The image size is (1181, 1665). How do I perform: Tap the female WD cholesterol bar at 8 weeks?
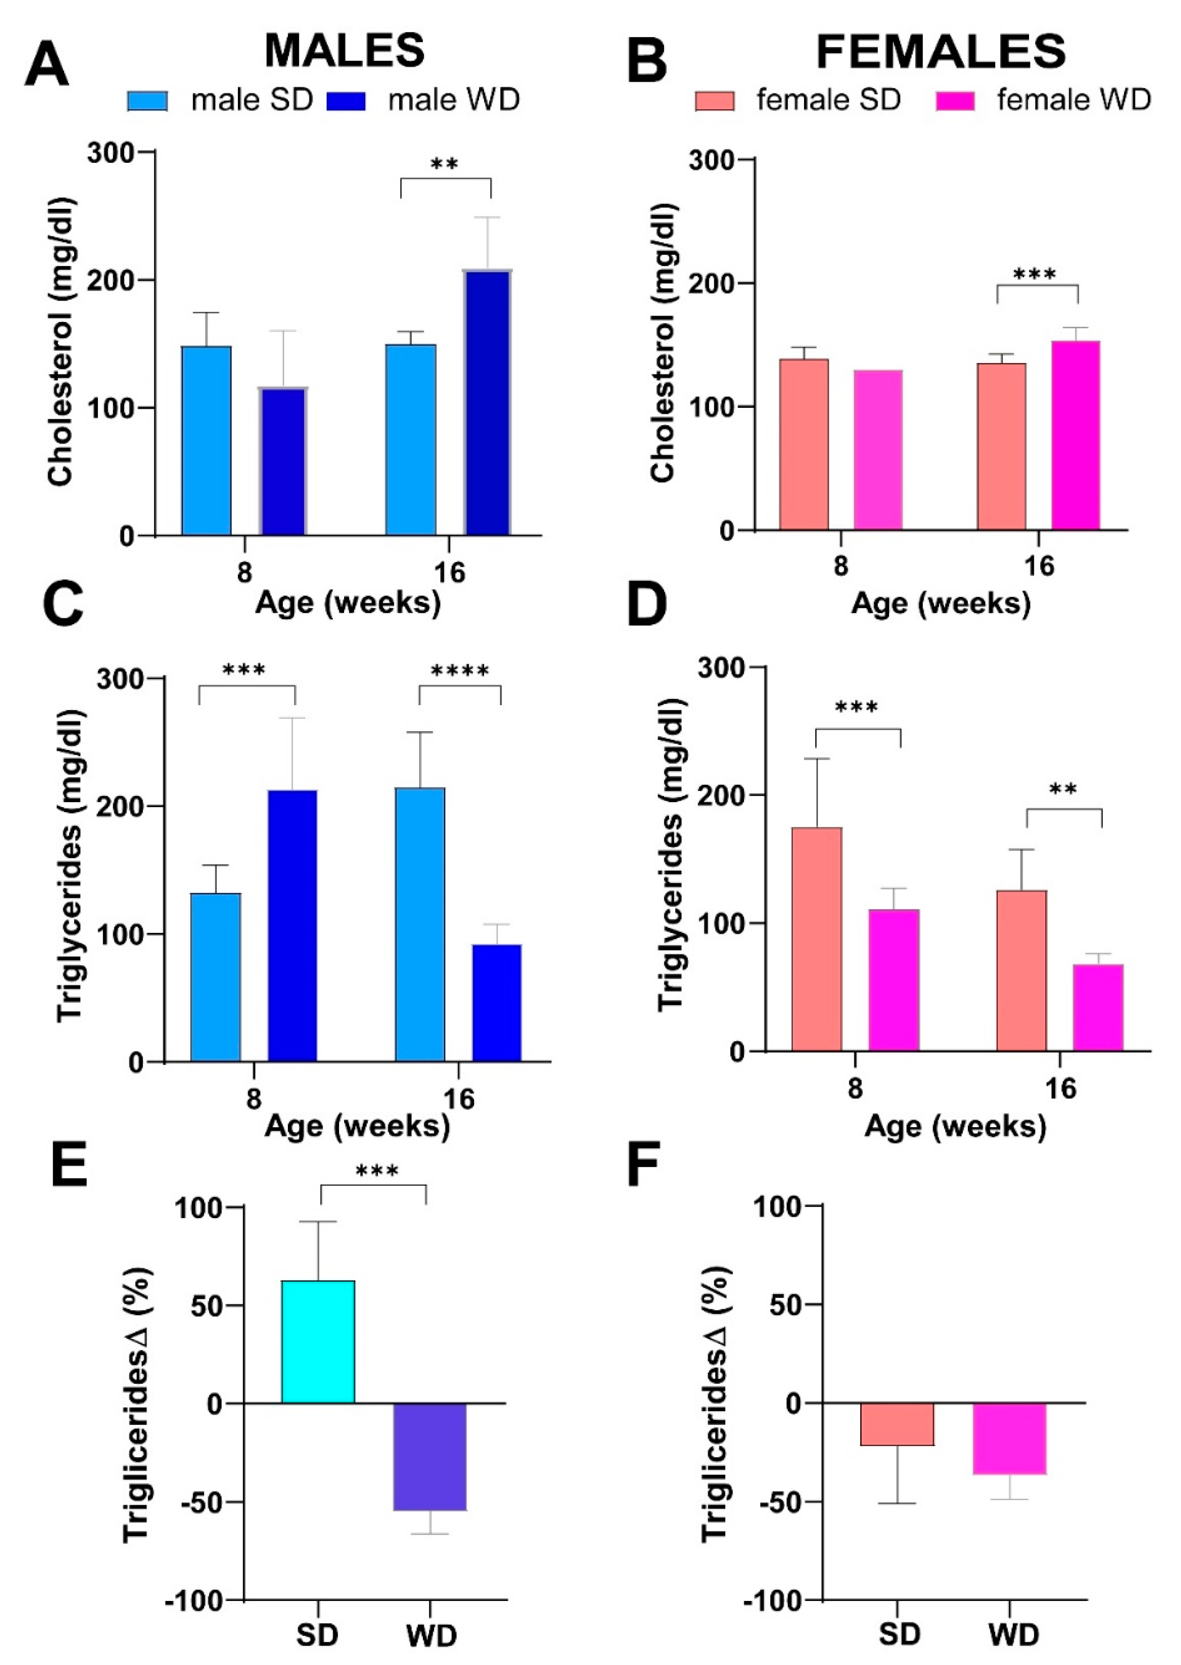[878, 450]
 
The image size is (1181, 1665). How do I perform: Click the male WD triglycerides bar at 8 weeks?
[292, 926]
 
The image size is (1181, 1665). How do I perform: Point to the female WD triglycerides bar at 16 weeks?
[1098, 1007]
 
